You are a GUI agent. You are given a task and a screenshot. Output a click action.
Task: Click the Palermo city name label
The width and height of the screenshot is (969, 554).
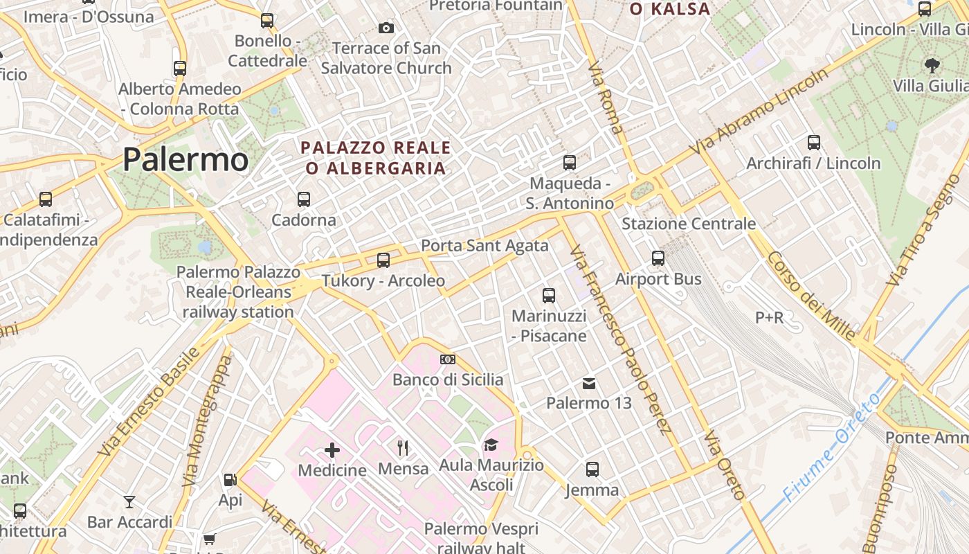coord(185,160)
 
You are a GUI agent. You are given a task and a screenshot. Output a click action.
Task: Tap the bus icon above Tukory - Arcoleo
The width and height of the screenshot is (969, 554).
coord(383,260)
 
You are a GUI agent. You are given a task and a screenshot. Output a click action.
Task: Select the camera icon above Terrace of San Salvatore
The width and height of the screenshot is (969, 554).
coord(386,28)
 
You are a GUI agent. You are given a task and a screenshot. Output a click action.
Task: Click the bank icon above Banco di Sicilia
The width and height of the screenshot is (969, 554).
coord(448,359)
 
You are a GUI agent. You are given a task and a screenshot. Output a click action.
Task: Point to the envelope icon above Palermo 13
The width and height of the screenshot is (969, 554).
coord(589,383)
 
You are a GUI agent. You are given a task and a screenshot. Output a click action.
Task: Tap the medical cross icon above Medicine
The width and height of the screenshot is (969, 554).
coord(332,450)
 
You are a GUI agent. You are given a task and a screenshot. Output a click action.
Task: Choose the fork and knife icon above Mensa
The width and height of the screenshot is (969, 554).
coord(403,449)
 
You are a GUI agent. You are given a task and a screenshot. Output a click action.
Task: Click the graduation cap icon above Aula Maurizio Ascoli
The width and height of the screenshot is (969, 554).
coord(491,445)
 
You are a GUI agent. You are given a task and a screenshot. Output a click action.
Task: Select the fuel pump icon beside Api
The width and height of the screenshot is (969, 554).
coord(230,479)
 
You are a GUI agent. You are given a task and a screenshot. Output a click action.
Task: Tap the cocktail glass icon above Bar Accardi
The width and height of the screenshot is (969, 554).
coord(129,501)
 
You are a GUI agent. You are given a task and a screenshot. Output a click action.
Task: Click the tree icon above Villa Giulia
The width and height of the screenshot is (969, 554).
coord(932,65)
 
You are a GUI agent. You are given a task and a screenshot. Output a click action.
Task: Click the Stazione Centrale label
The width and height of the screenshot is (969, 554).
coord(689,224)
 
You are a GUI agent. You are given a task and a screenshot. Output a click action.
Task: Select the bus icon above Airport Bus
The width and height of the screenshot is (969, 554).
coord(658,258)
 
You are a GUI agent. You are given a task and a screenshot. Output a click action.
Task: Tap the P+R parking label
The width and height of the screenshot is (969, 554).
coord(770,318)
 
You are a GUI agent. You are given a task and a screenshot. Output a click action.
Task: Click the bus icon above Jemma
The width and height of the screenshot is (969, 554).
coord(592,470)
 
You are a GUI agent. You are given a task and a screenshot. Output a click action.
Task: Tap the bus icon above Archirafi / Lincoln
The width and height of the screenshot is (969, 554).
coord(814,143)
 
